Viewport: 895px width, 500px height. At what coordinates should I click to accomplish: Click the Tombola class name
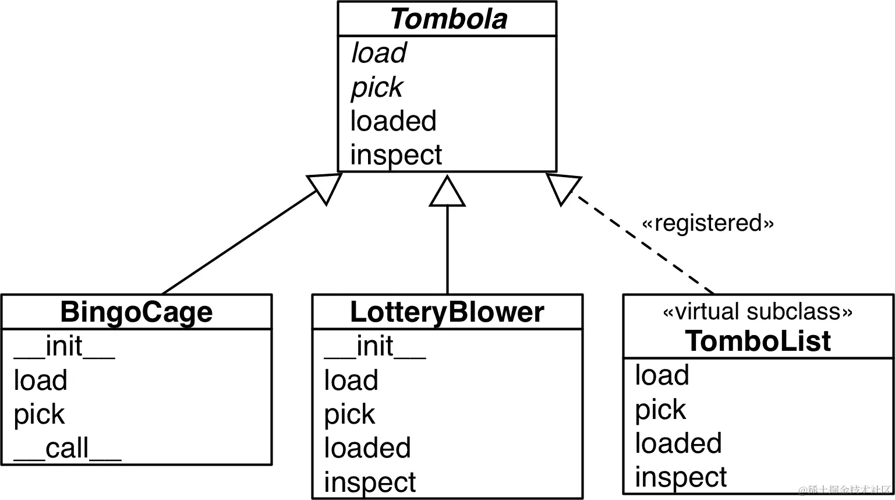[448, 19]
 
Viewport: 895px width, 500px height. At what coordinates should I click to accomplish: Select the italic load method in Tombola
[378, 53]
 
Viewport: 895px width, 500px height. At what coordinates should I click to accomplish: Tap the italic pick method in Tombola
[377, 87]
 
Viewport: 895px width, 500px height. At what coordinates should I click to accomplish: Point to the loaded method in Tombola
[393, 121]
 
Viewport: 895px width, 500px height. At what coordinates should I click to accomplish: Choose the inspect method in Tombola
[396, 155]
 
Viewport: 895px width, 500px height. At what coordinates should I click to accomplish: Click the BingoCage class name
[136, 312]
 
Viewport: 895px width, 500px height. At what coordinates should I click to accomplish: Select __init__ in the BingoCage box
[64, 347]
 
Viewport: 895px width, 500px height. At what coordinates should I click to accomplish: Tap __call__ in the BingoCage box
[67, 449]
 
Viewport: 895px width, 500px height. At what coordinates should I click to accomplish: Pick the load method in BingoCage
[40, 381]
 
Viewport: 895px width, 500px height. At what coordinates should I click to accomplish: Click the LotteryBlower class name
[447, 312]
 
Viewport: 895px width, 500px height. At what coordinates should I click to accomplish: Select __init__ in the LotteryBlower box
[374, 347]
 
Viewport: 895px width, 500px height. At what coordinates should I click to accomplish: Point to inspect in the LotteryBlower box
[370, 483]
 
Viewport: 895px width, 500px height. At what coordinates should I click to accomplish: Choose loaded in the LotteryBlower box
[367, 448]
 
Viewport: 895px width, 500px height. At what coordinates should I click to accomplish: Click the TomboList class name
[758, 341]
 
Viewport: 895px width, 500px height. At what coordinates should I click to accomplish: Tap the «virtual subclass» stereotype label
[758, 312]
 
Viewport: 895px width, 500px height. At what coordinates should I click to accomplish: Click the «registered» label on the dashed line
[707, 223]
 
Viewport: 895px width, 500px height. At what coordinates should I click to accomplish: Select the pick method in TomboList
[660, 410]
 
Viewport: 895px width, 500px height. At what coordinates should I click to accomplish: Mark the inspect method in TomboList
[681, 478]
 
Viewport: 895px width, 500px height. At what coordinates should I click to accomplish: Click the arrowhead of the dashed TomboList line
[562, 188]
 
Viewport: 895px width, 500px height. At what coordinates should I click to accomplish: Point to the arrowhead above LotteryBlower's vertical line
[447, 193]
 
